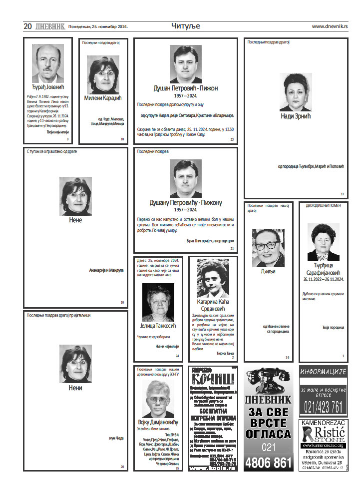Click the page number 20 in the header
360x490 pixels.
tap(28, 26)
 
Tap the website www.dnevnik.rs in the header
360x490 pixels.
tap(330, 26)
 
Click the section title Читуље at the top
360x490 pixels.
tap(186, 26)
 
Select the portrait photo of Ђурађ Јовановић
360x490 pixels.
tap(48, 63)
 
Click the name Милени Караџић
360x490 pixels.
tap(103, 98)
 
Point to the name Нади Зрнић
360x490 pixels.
tap(296, 116)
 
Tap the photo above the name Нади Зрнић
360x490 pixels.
tap(296, 92)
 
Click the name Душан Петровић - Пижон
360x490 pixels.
tap(185, 88)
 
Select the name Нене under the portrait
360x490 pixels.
tap(75, 220)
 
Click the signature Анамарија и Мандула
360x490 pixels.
tap(106, 270)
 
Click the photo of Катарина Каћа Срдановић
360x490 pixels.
tap(213, 278)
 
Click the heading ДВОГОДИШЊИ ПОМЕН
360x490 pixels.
tap(323, 205)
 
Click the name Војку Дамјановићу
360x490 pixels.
tap(157, 422)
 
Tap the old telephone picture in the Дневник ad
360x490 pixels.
tap(268, 382)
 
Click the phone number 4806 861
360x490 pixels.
tap(268, 462)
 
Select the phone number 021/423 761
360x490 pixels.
tap(323, 407)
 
